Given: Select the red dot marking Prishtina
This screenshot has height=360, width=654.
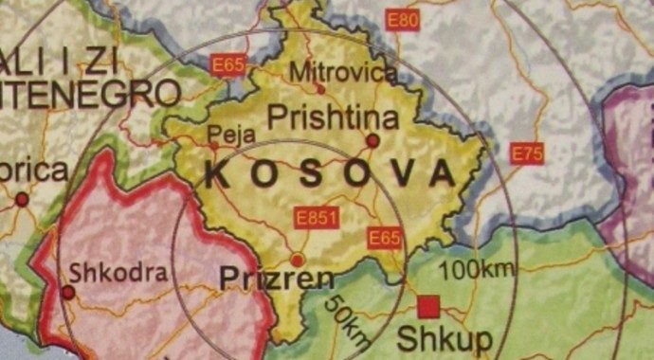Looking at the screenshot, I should pyautogui.click(x=372, y=140).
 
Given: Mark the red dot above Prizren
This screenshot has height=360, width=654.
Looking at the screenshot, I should pyautogui.click(x=298, y=260).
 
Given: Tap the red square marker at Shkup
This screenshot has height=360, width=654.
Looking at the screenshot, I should pyautogui.click(x=428, y=306).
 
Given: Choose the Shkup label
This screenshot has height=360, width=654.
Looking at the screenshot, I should pyautogui.click(x=431, y=337).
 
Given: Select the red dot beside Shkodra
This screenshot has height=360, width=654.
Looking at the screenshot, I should pyautogui.click(x=68, y=293).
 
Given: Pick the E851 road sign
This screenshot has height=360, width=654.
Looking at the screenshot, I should pyautogui.click(x=317, y=219).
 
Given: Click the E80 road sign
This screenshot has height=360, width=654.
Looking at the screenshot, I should pyautogui.click(x=403, y=20).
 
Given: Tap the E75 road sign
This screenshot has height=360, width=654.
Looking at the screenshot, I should pyautogui.click(x=527, y=154).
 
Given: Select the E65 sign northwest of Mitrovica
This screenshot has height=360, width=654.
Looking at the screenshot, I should pyautogui.click(x=227, y=65).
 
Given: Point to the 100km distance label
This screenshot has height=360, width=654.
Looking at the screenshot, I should pyautogui.click(x=482, y=268).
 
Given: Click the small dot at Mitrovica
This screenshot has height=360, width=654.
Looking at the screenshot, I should pyautogui.click(x=321, y=90).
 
